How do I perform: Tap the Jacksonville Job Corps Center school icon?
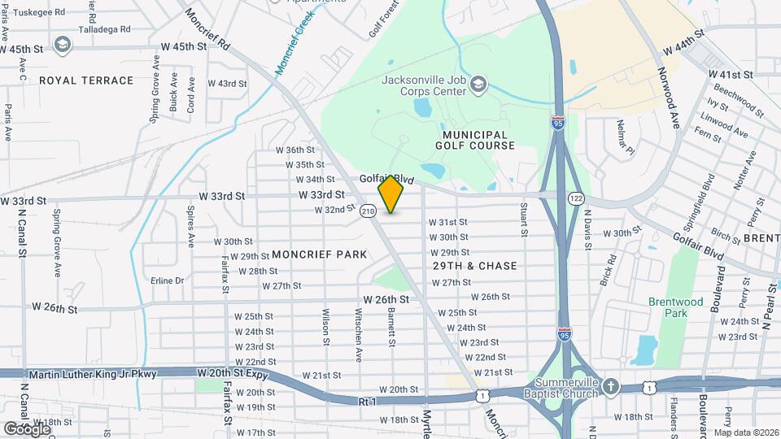tap(480, 84)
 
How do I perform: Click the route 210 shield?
tap(368, 211)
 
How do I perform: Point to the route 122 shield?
tap(576, 198)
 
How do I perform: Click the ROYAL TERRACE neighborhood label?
tap(85, 80)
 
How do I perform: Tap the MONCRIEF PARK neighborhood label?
tap(320, 254)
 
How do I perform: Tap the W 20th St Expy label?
tap(232, 372)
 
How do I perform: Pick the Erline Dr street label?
tap(168, 280)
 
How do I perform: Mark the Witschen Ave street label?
tap(357, 334)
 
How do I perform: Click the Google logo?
tap(27, 428)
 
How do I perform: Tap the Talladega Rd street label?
tap(103, 28)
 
